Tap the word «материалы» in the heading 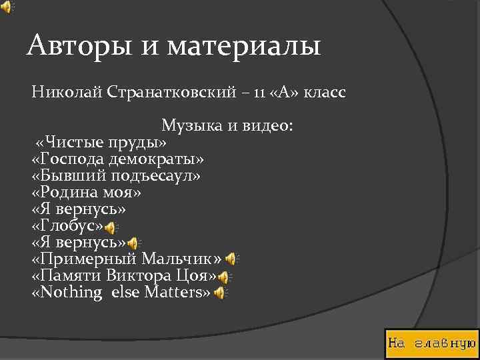point(244,47)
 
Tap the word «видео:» point(263,125)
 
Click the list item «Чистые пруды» point(101,143)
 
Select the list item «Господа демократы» point(118,159)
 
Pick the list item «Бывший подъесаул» point(115,176)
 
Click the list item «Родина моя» point(87,193)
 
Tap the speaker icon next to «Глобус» point(111,229)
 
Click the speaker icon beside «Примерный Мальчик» point(231,259)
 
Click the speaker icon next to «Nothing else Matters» point(219,293)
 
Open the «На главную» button point(431,343)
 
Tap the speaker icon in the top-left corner point(7,7)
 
